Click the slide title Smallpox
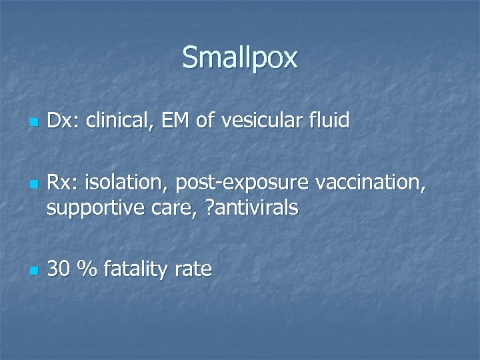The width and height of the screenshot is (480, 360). point(239,58)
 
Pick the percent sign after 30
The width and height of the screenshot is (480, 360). point(85,269)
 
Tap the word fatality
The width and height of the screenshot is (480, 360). point(135,269)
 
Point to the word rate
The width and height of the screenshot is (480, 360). point(193,270)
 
